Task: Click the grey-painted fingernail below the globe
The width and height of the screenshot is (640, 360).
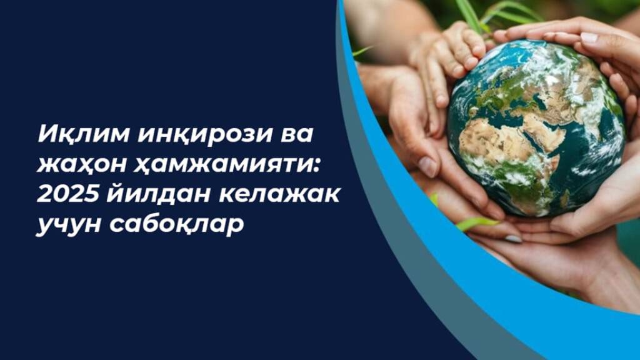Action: tap(514, 239)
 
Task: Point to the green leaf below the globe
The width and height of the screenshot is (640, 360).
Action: tap(477, 223)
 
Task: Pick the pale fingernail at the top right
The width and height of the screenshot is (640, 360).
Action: tap(589, 38)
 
